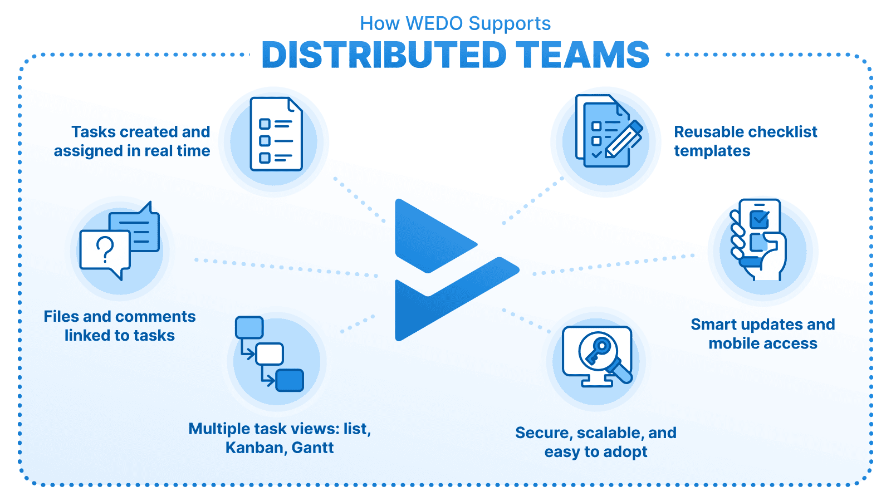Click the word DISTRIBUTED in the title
[x=384, y=55]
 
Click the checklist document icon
[x=276, y=134]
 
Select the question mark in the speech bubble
[x=105, y=249]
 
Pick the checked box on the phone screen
[x=759, y=219]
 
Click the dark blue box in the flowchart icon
[x=290, y=380]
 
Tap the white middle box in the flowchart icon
[x=269, y=354]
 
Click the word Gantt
[x=312, y=448]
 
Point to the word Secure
[x=544, y=433]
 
